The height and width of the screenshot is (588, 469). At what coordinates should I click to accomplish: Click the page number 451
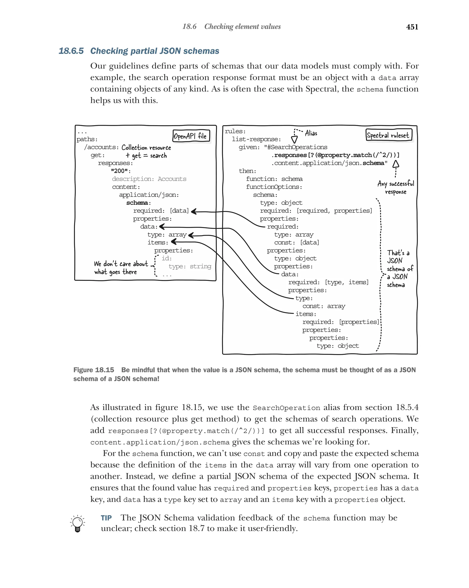coord(412,27)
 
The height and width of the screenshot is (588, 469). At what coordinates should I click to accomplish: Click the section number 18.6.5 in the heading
coord(71,51)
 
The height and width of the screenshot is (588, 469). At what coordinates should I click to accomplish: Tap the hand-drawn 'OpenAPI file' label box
coord(191,136)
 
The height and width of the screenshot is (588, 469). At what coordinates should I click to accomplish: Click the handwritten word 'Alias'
coord(311,133)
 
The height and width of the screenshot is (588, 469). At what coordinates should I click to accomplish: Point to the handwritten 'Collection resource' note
coord(146,148)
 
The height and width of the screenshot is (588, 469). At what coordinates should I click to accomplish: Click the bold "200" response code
coord(121,171)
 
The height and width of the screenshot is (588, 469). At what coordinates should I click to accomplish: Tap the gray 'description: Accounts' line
coord(149,179)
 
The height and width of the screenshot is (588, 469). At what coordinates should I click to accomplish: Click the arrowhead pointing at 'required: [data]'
coord(194,211)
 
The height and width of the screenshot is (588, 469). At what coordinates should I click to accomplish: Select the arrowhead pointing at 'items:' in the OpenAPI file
coord(174,242)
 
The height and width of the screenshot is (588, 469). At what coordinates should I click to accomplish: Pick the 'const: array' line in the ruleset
coord(324,306)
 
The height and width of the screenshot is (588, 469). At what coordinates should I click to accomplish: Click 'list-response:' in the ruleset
coord(256,139)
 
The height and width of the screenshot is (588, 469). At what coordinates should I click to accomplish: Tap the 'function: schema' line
coord(274,179)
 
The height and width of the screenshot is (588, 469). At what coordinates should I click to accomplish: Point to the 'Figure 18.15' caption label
coord(94,370)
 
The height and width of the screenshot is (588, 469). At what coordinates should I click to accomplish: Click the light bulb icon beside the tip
coord(77,523)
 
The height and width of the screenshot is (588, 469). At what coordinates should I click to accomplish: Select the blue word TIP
coord(106,518)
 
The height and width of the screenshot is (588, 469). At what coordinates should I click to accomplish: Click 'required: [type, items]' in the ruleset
coord(328,282)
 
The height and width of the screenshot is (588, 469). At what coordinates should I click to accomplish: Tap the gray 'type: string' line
coord(190,266)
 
